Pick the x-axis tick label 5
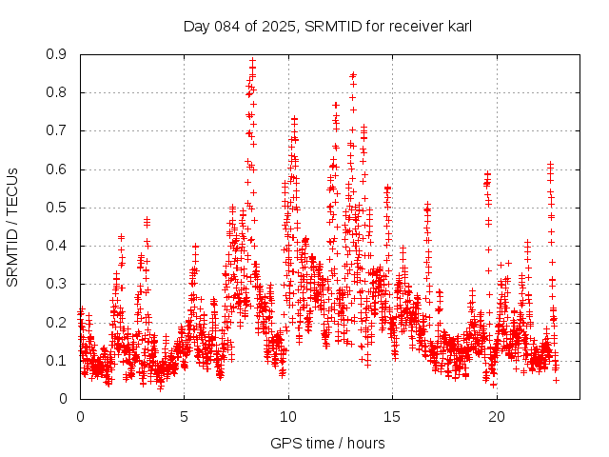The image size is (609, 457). click(x=185, y=416)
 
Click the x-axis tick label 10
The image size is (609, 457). click(x=288, y=416)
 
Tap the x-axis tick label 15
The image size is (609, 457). click(x=392, y=416)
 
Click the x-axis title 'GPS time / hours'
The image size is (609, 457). click(x=327, y=443)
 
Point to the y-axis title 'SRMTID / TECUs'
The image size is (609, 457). click(x=12, y=227)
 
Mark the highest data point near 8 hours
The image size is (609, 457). click(x=252, y=61)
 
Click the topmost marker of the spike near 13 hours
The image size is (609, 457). click(x=353, y=73)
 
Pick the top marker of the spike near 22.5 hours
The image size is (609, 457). click(x=550, y=164)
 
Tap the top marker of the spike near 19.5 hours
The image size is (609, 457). click(x=487, y=173)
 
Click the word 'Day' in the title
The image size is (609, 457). click(x=196, y=26)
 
